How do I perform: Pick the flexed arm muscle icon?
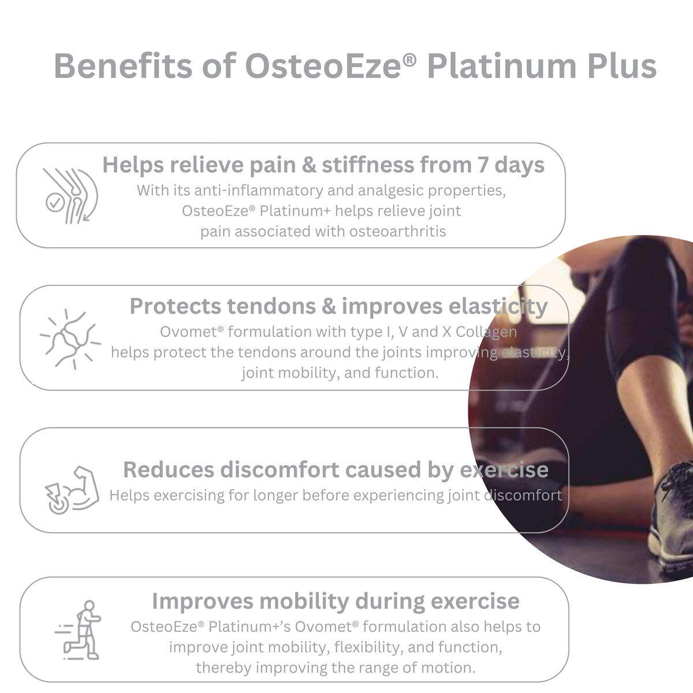pos(72,490)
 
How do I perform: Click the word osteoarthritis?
pos(397,232)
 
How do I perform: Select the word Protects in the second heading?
pos(176,307)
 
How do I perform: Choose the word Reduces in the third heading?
pos(169,470)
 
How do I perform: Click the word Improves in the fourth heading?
pos(203,601)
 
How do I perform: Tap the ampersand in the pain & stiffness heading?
pos(309,165)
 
